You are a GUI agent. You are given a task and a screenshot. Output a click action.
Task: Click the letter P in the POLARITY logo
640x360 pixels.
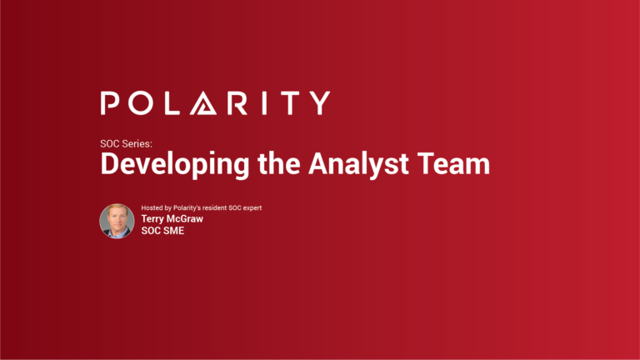click(112, 103)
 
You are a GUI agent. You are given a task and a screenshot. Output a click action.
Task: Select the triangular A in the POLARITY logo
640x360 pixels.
click(209, 103)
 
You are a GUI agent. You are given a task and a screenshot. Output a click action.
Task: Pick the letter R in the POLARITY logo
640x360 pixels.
click(242, 103)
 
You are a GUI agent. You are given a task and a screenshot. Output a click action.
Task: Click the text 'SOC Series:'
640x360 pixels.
click(127, 143)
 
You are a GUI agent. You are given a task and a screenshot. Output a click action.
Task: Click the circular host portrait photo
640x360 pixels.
click(117, 221)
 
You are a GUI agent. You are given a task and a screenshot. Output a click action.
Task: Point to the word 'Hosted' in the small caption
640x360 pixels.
click(153, 207)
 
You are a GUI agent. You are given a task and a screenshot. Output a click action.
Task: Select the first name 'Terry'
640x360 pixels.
click(156, 219)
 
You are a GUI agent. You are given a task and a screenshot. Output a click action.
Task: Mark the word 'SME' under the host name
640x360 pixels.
click(172, 231)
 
